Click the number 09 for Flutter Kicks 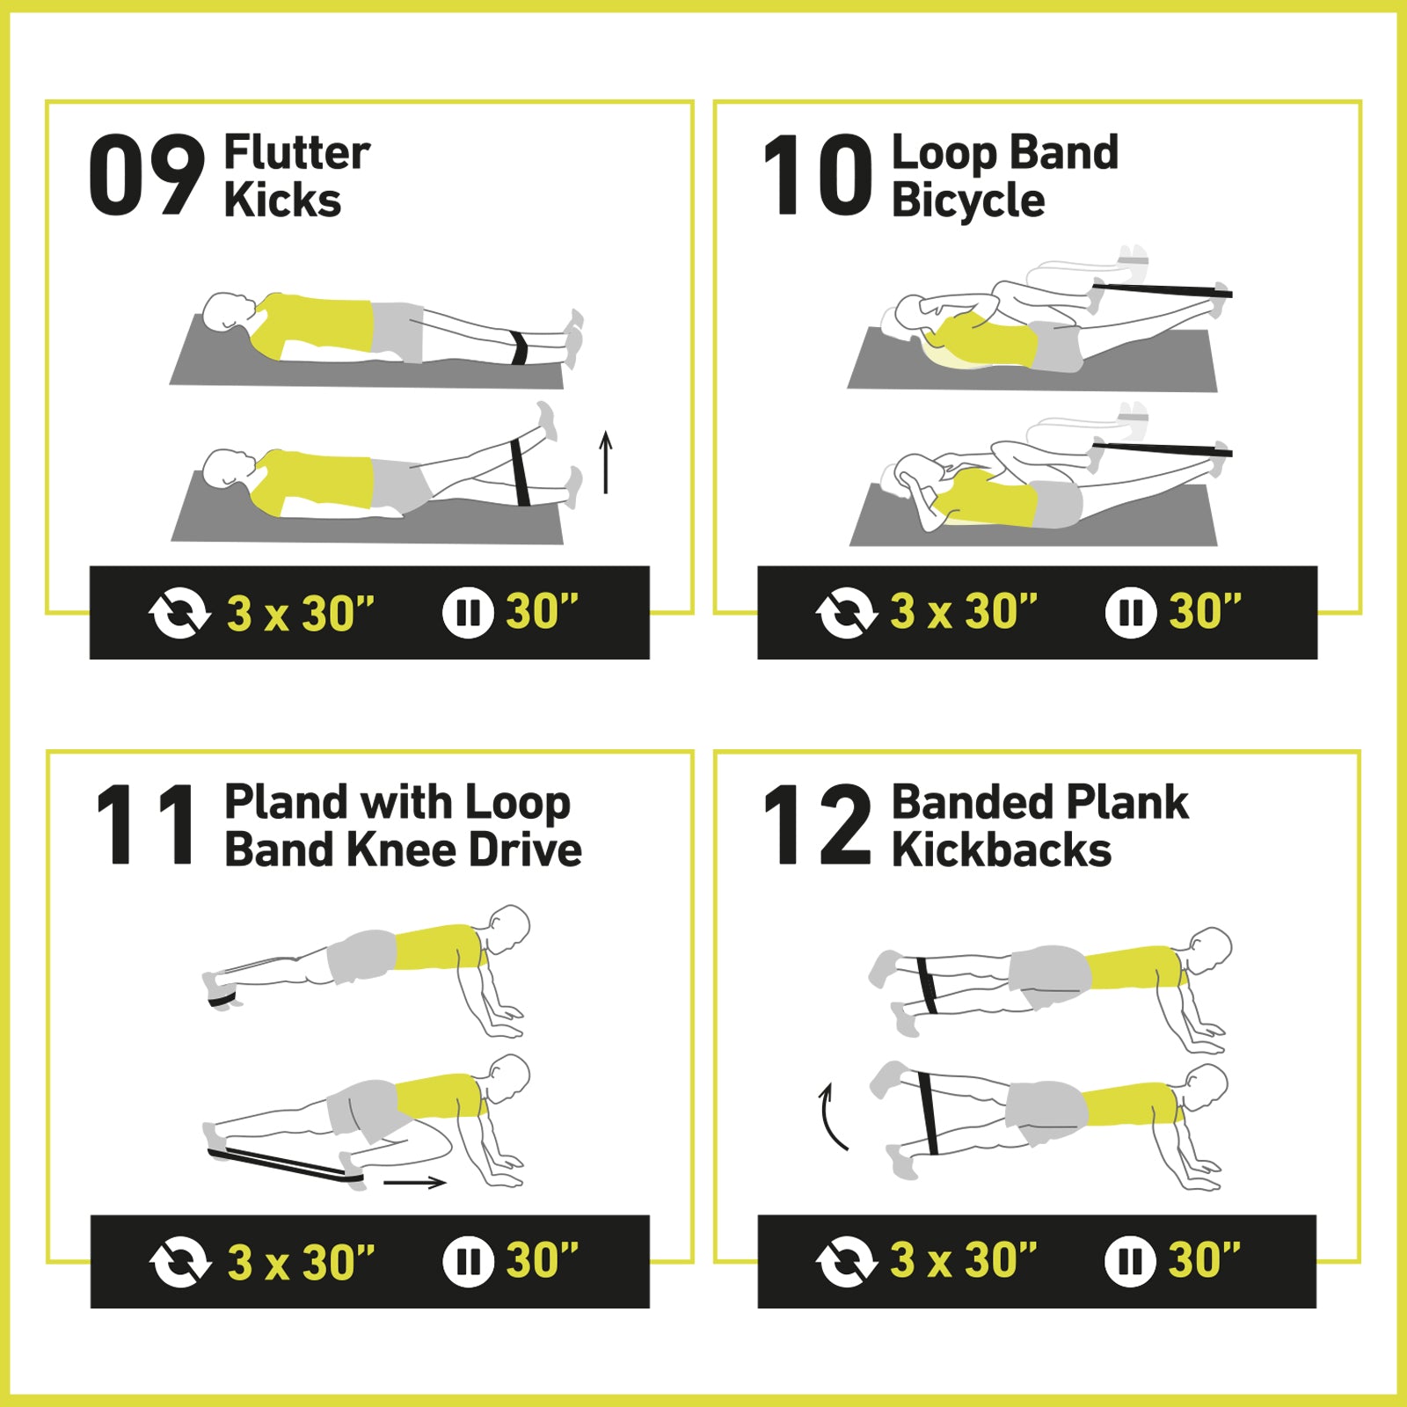point(147,175)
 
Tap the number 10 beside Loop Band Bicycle point(818,175)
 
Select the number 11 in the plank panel point(147,825)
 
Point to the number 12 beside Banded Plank point(818,825)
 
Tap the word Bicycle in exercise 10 point(968,200)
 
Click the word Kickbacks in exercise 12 point(1002,849)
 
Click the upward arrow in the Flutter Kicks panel point(605,463)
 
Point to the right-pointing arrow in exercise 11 point(415,1183)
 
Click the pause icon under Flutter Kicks point(468,612)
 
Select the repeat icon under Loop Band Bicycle point(847,612)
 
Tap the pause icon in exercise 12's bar point(1130,1261)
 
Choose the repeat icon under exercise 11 point(180,1262)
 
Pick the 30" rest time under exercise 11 point(543,1260)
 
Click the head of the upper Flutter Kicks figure point(229,312)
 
